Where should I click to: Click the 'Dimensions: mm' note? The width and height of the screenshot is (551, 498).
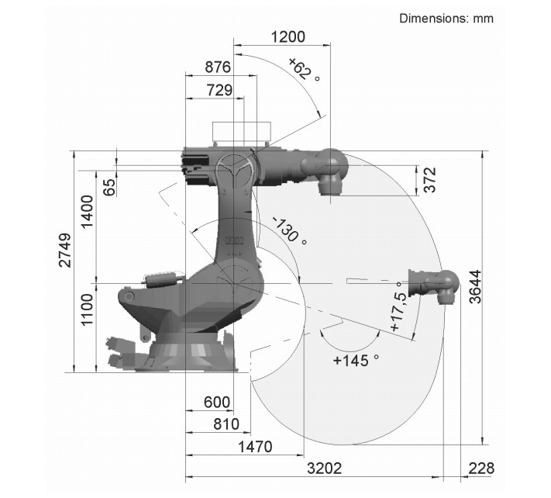(x=446, y=18)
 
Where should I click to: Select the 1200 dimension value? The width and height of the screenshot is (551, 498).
(x=288, y=37)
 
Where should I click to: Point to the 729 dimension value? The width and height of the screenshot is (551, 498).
(x=219, y=91)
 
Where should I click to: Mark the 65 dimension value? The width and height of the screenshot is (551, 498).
(x=109, y=187)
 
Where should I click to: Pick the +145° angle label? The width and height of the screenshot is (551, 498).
(x=356, y=361)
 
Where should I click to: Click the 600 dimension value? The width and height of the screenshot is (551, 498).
(x=217, y=402)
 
